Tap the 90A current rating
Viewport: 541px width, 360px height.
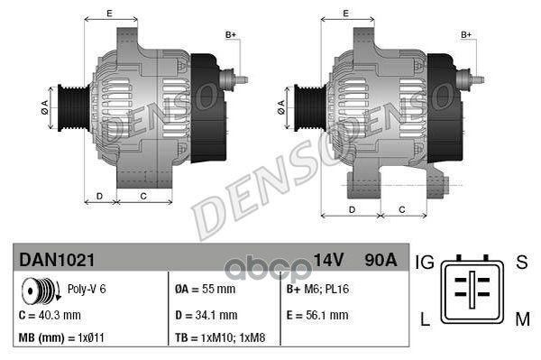378,260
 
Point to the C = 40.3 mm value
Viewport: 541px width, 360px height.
50,315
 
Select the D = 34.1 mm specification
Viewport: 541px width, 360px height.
205,315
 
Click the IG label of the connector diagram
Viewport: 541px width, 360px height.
426,263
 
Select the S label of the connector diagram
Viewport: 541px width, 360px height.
520,263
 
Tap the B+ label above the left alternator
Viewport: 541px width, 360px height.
230,34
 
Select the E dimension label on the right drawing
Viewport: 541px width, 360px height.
346,14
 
